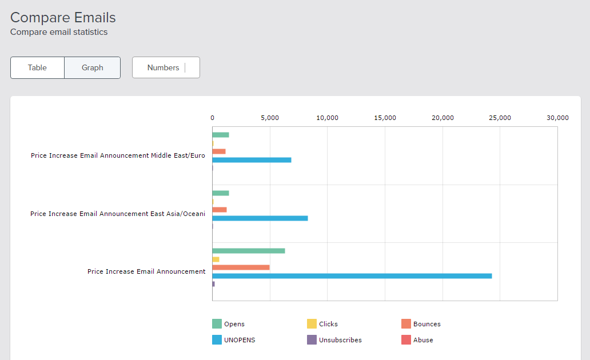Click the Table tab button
pyautogui.click(x=37, y=67)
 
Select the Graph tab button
pyautogui.click(x=92, y=67)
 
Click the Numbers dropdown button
pyautogui.click(x=166, y=67)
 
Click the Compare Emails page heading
pyautogui.click(x=63, y=18)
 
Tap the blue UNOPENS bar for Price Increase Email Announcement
pyautogui.click(x=352, y=276)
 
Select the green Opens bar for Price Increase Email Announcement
pyautogui.click(x=248, y=251)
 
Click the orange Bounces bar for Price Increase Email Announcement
pyautogui.click(x=241, y=267)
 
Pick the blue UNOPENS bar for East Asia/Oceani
pyautogui.click(x=260, y=218)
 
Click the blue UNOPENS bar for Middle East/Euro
pyautogui.click(x=252, y=160)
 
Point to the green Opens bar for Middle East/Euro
pyautogui.click(x=221, y=135)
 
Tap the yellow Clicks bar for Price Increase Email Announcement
pyautogui.click(x=216, y=259)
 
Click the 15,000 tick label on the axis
pyautogui.click(x=385, y=118)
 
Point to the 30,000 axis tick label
pyautogui.click(x=557, y=118)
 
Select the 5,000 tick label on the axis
pyautogui.click(x=270, y=118)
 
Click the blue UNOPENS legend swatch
pyautogui.click(x=217, y=340)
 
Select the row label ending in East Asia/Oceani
pyautogui.click(x=118, y=214)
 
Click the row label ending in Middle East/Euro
pyautogui.click(x=118, y=155)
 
